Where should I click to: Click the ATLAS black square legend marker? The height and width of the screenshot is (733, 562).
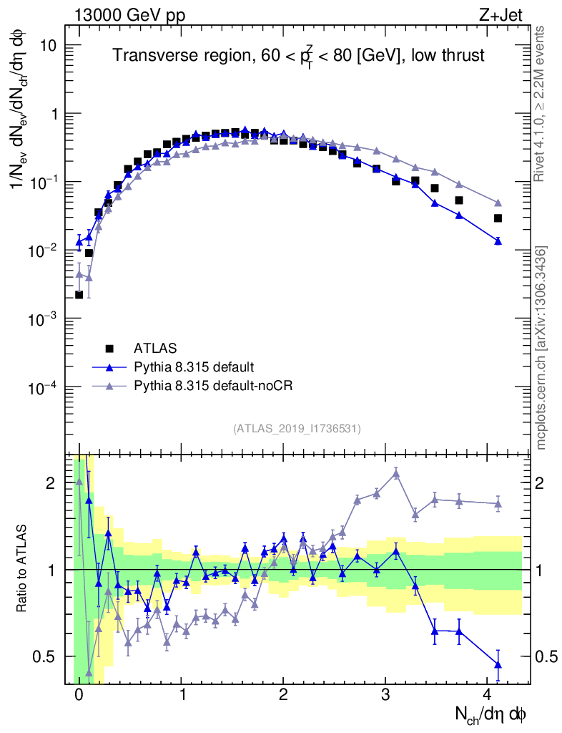click(109, 349)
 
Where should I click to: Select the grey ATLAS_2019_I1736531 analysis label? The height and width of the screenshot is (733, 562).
click(297, 429)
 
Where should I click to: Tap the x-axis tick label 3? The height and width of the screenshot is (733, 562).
click(386, 695)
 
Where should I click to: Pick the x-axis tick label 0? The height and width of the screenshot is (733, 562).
click(79, 695)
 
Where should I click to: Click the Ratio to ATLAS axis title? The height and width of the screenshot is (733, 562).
click(23, 569)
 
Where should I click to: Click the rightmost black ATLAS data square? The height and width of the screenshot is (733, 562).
click(498, 218)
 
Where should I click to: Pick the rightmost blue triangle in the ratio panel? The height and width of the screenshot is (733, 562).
click(498, 665)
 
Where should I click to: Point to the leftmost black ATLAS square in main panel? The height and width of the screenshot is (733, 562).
click(79, 295)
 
